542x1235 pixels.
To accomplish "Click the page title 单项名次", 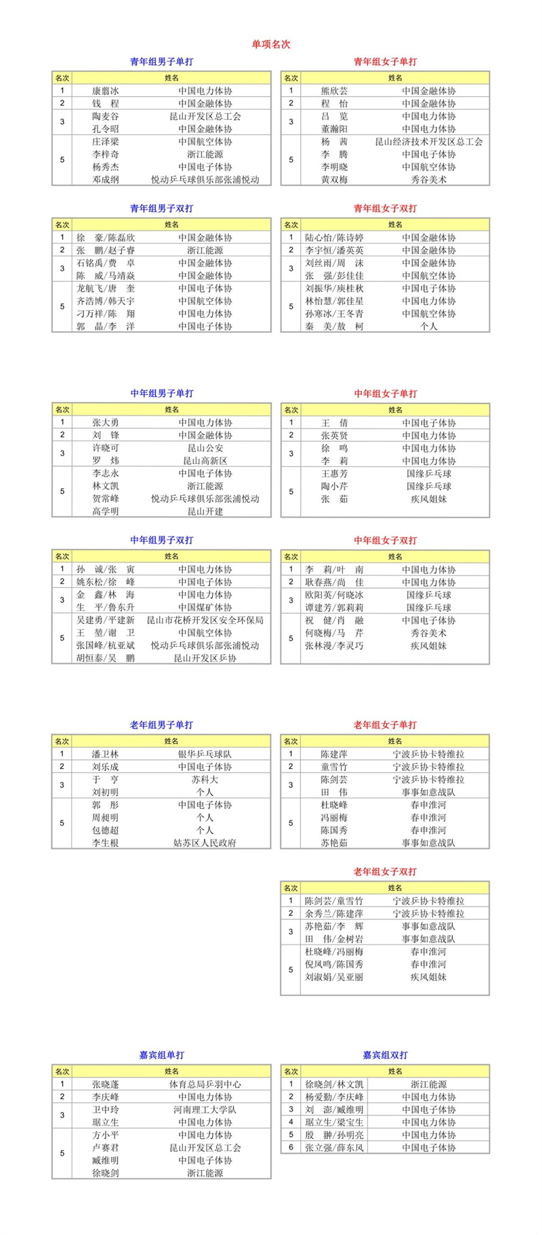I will pos(271,44).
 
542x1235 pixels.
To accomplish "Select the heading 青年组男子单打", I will pos(161,62).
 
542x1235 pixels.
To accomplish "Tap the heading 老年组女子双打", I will pos(385,871).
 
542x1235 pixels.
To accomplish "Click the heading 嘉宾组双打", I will pos(385,1055).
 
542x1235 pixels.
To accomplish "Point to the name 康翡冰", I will pos(106,91).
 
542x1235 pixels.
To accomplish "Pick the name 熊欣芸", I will pos(335,91).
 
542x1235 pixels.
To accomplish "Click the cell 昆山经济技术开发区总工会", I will pos(429,142).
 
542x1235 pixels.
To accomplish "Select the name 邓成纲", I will pos(106,180).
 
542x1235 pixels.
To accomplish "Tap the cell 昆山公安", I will pos(205,448).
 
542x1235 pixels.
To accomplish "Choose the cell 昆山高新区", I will pos(205,461).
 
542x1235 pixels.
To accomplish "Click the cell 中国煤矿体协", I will pos(205,607).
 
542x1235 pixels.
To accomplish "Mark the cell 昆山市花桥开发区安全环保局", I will pos(205,620).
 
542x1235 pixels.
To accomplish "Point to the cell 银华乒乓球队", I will pos(205,753).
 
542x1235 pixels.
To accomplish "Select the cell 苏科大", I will pos(205,779).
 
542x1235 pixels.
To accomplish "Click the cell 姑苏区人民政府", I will pos(205,843).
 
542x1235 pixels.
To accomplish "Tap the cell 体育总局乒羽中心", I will pos(205,1084).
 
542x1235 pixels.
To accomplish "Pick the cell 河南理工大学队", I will pos(205,1110).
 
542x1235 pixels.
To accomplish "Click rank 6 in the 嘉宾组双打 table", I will pos(291,1148).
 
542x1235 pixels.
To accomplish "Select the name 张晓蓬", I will pos(106,1084).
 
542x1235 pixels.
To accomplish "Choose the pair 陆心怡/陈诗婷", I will pos(335,237).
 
